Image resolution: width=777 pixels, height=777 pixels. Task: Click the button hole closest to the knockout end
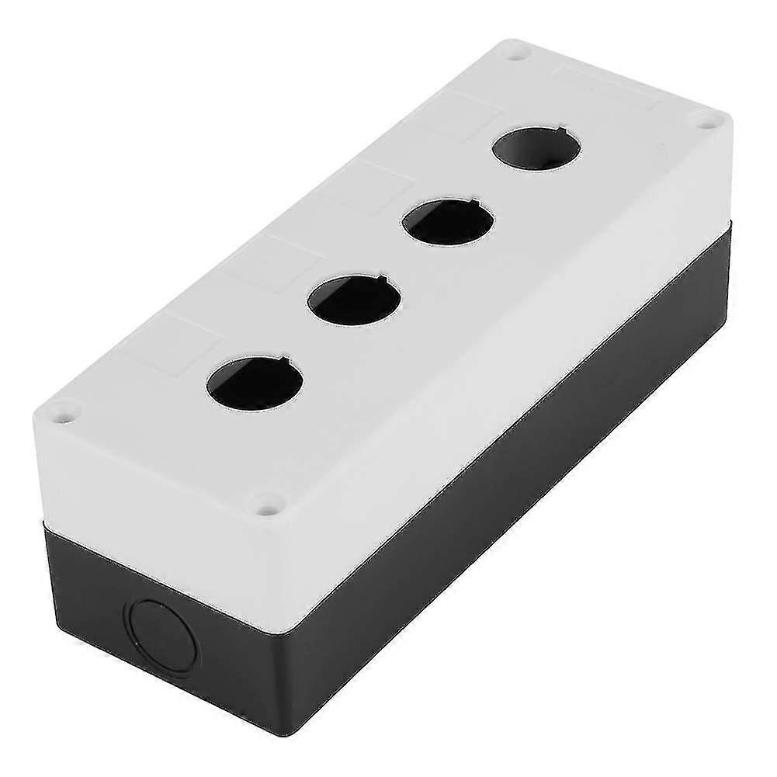point(255,382)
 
